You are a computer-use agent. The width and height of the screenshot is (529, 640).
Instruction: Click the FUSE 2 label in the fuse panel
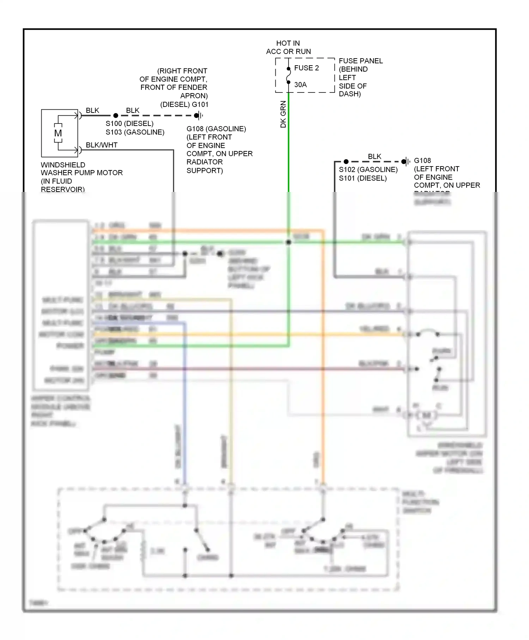click(306, 68)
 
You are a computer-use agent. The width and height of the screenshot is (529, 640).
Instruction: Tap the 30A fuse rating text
click(300, 85)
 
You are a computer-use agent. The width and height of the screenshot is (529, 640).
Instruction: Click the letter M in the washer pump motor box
click(58, 133)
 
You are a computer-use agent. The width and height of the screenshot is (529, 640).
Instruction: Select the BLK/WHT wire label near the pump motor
click(102, 145)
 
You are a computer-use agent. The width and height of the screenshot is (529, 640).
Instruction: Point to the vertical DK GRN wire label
click(283, 114)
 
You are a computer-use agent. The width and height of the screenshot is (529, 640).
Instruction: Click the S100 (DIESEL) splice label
click(129, 123)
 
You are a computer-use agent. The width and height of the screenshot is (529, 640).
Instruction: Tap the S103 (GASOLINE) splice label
click(135, 132)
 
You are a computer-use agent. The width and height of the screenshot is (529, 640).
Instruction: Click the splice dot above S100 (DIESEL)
click(116, 115)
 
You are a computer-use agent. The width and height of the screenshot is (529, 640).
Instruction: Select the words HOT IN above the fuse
click(288, 43)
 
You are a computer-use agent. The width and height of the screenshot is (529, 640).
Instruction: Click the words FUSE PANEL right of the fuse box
click(360, 61)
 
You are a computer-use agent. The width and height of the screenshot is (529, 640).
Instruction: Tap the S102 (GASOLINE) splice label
click(368, 170)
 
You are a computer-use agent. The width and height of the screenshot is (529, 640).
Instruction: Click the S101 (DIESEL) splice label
click(363, 178)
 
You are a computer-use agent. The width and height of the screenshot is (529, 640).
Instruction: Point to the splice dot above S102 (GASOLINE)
click(346, 162)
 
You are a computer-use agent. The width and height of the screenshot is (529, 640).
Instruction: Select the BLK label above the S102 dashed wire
click(374, 156)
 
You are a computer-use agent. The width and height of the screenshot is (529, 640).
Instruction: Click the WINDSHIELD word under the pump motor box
click(63, 165)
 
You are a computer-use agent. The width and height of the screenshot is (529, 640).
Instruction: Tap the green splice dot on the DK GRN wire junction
click(288, 242)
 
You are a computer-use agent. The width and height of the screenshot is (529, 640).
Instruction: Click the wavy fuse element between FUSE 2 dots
click(288, 76)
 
